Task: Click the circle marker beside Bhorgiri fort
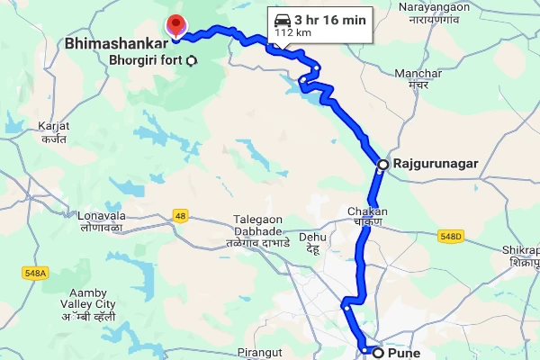point(191,61)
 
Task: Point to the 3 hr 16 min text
point(329,18)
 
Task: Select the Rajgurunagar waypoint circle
point(382,165)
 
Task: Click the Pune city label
point(403,353)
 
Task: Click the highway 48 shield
point(181,216)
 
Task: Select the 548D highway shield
point(451,236)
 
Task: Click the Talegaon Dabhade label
point(258,230)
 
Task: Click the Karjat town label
point(55,132)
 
